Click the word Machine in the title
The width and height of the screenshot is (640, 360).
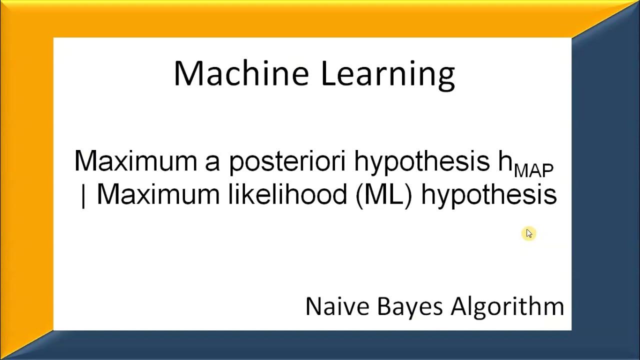click(x=241, y=73)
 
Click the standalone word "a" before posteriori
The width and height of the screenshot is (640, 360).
click(x=212, y=162)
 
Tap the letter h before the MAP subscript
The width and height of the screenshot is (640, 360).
click(x=504, y=161)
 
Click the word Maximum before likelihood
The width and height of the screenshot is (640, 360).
click(x=158, y=194)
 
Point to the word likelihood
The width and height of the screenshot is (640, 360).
click(x=287, y=194)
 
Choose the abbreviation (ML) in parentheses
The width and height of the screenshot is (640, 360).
click(x=384, y=194)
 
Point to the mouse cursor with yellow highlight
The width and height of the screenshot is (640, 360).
click(x=529, y=233)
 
